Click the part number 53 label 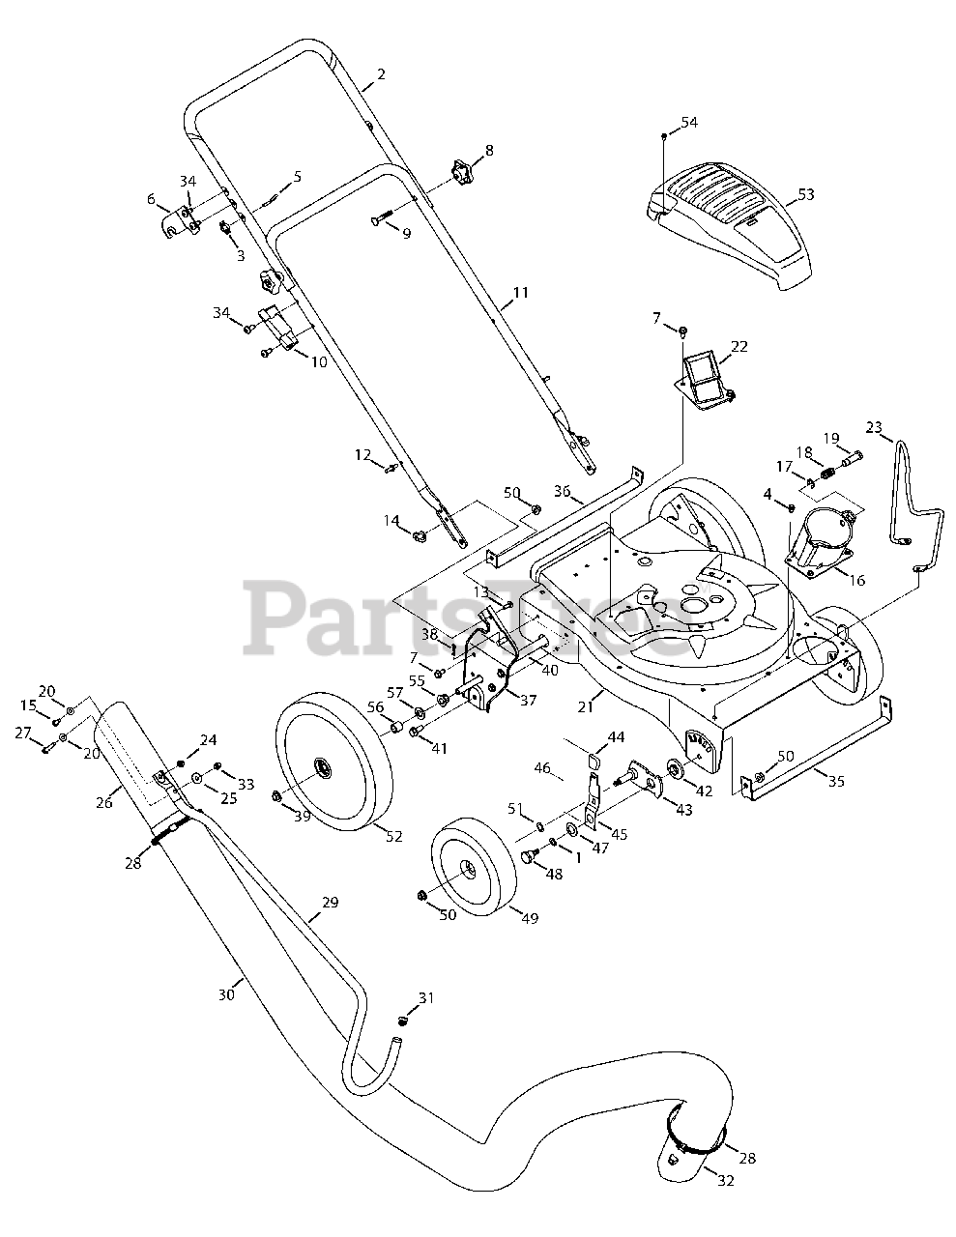click(806, 194)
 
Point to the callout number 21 click(586, 707)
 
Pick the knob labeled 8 click(461, 173)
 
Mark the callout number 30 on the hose click(227, 994)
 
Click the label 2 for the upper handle click(382, 74)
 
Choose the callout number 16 click(856, 580)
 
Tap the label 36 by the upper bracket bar click(563, 490)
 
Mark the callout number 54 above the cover click(689, 122)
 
